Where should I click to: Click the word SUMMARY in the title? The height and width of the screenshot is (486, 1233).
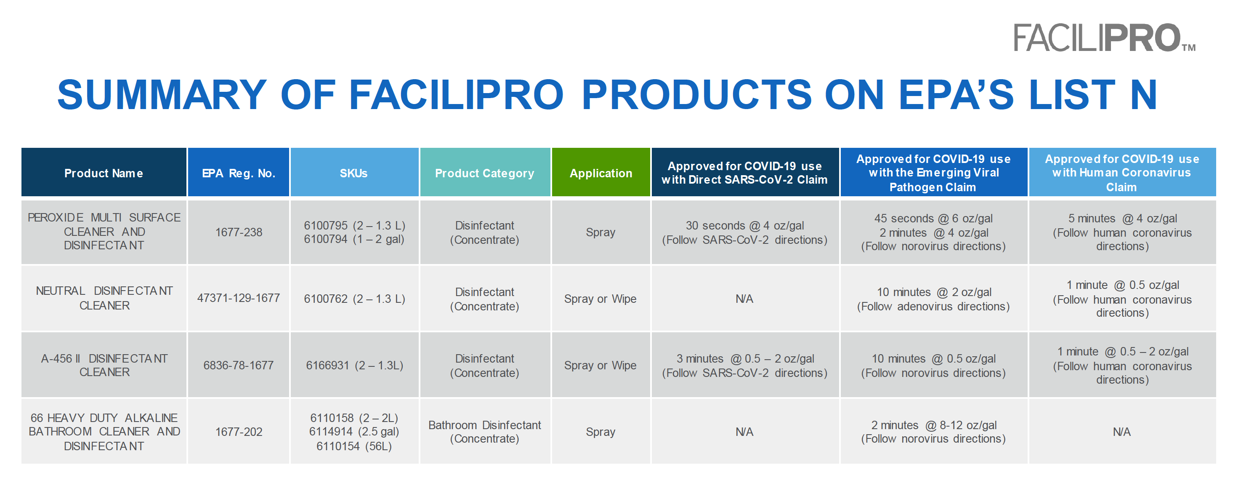pos(161,95)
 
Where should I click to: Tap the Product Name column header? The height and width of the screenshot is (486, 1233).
pos(104,173)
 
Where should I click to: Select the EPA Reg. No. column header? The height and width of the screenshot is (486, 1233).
pos(238,173)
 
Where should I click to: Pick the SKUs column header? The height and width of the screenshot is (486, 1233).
pos(354,173)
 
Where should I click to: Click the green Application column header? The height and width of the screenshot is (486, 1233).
pos(600,173)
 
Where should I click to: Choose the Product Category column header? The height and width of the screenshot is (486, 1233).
pos(484,173)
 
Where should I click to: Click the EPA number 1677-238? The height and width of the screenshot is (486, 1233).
pos(238,232)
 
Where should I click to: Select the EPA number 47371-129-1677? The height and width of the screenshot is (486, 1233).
pos(238,298)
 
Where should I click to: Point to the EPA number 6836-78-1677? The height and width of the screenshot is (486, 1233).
pos(238,365)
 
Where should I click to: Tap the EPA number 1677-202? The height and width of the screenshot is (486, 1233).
pos(238,432)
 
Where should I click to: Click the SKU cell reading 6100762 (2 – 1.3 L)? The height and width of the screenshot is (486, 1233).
pos(354,299)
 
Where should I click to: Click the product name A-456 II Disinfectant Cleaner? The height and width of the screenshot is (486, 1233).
pos(104,365)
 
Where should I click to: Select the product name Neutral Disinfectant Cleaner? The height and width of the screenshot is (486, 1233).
pos(104,298)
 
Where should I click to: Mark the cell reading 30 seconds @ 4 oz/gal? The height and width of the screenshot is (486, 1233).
pos(744,226)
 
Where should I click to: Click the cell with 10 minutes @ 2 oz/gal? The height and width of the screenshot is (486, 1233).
pos(933,292)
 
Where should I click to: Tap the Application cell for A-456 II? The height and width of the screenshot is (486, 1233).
pos(600,365)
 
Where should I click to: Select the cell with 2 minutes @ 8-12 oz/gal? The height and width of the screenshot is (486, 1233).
pos(933,425)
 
